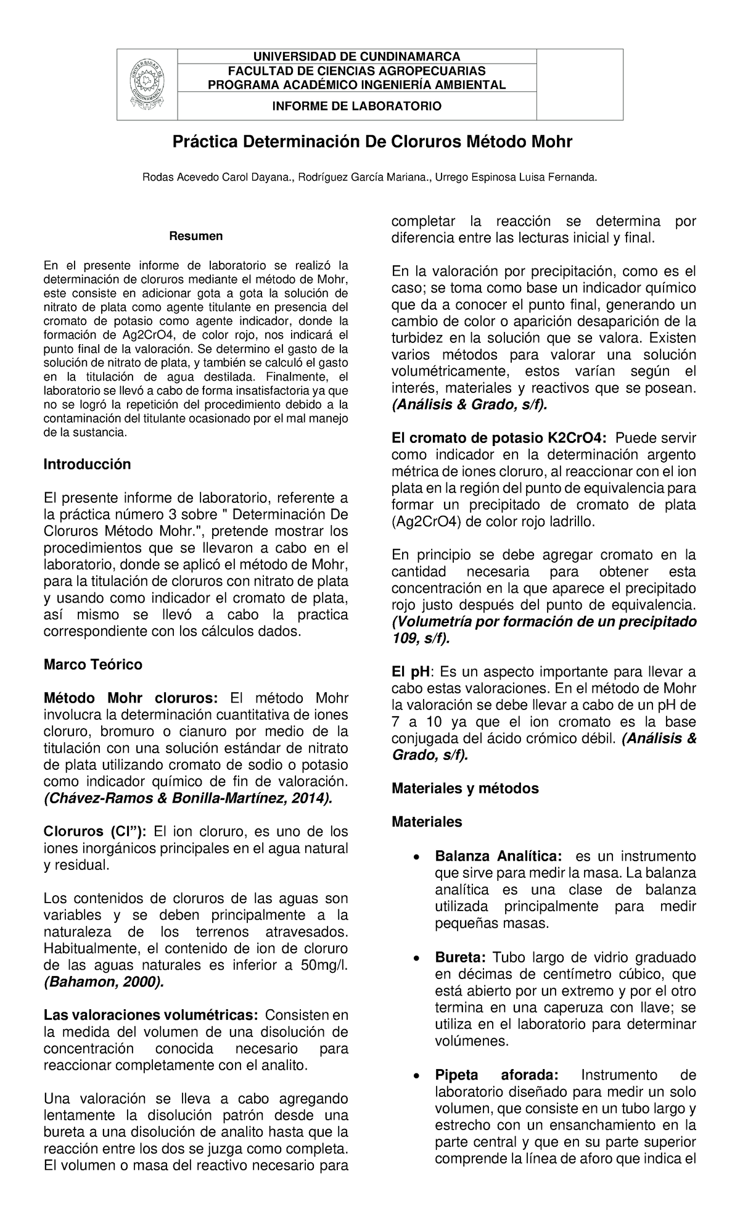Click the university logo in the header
[x=147, y=85]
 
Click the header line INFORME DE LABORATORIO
[x=357, y=106]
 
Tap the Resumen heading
[x=196, y=236]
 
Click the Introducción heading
[x=87, y=465]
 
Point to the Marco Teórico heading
[x=92, y=664]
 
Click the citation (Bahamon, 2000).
[x=104, y=981]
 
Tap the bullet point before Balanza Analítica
[x=417, y=857]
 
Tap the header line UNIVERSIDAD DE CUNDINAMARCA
[x=357, y=57]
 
